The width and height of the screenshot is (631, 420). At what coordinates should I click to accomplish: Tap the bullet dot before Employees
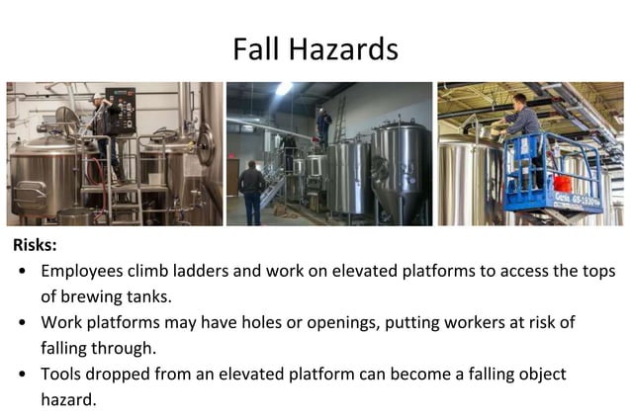tap(22, 271)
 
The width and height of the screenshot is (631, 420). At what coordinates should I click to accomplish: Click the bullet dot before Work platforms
tap(22, 323)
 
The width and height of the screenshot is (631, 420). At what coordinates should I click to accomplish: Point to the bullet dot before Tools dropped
tap(22, 376)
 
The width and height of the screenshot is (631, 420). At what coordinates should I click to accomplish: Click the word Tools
tap(61, 376)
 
